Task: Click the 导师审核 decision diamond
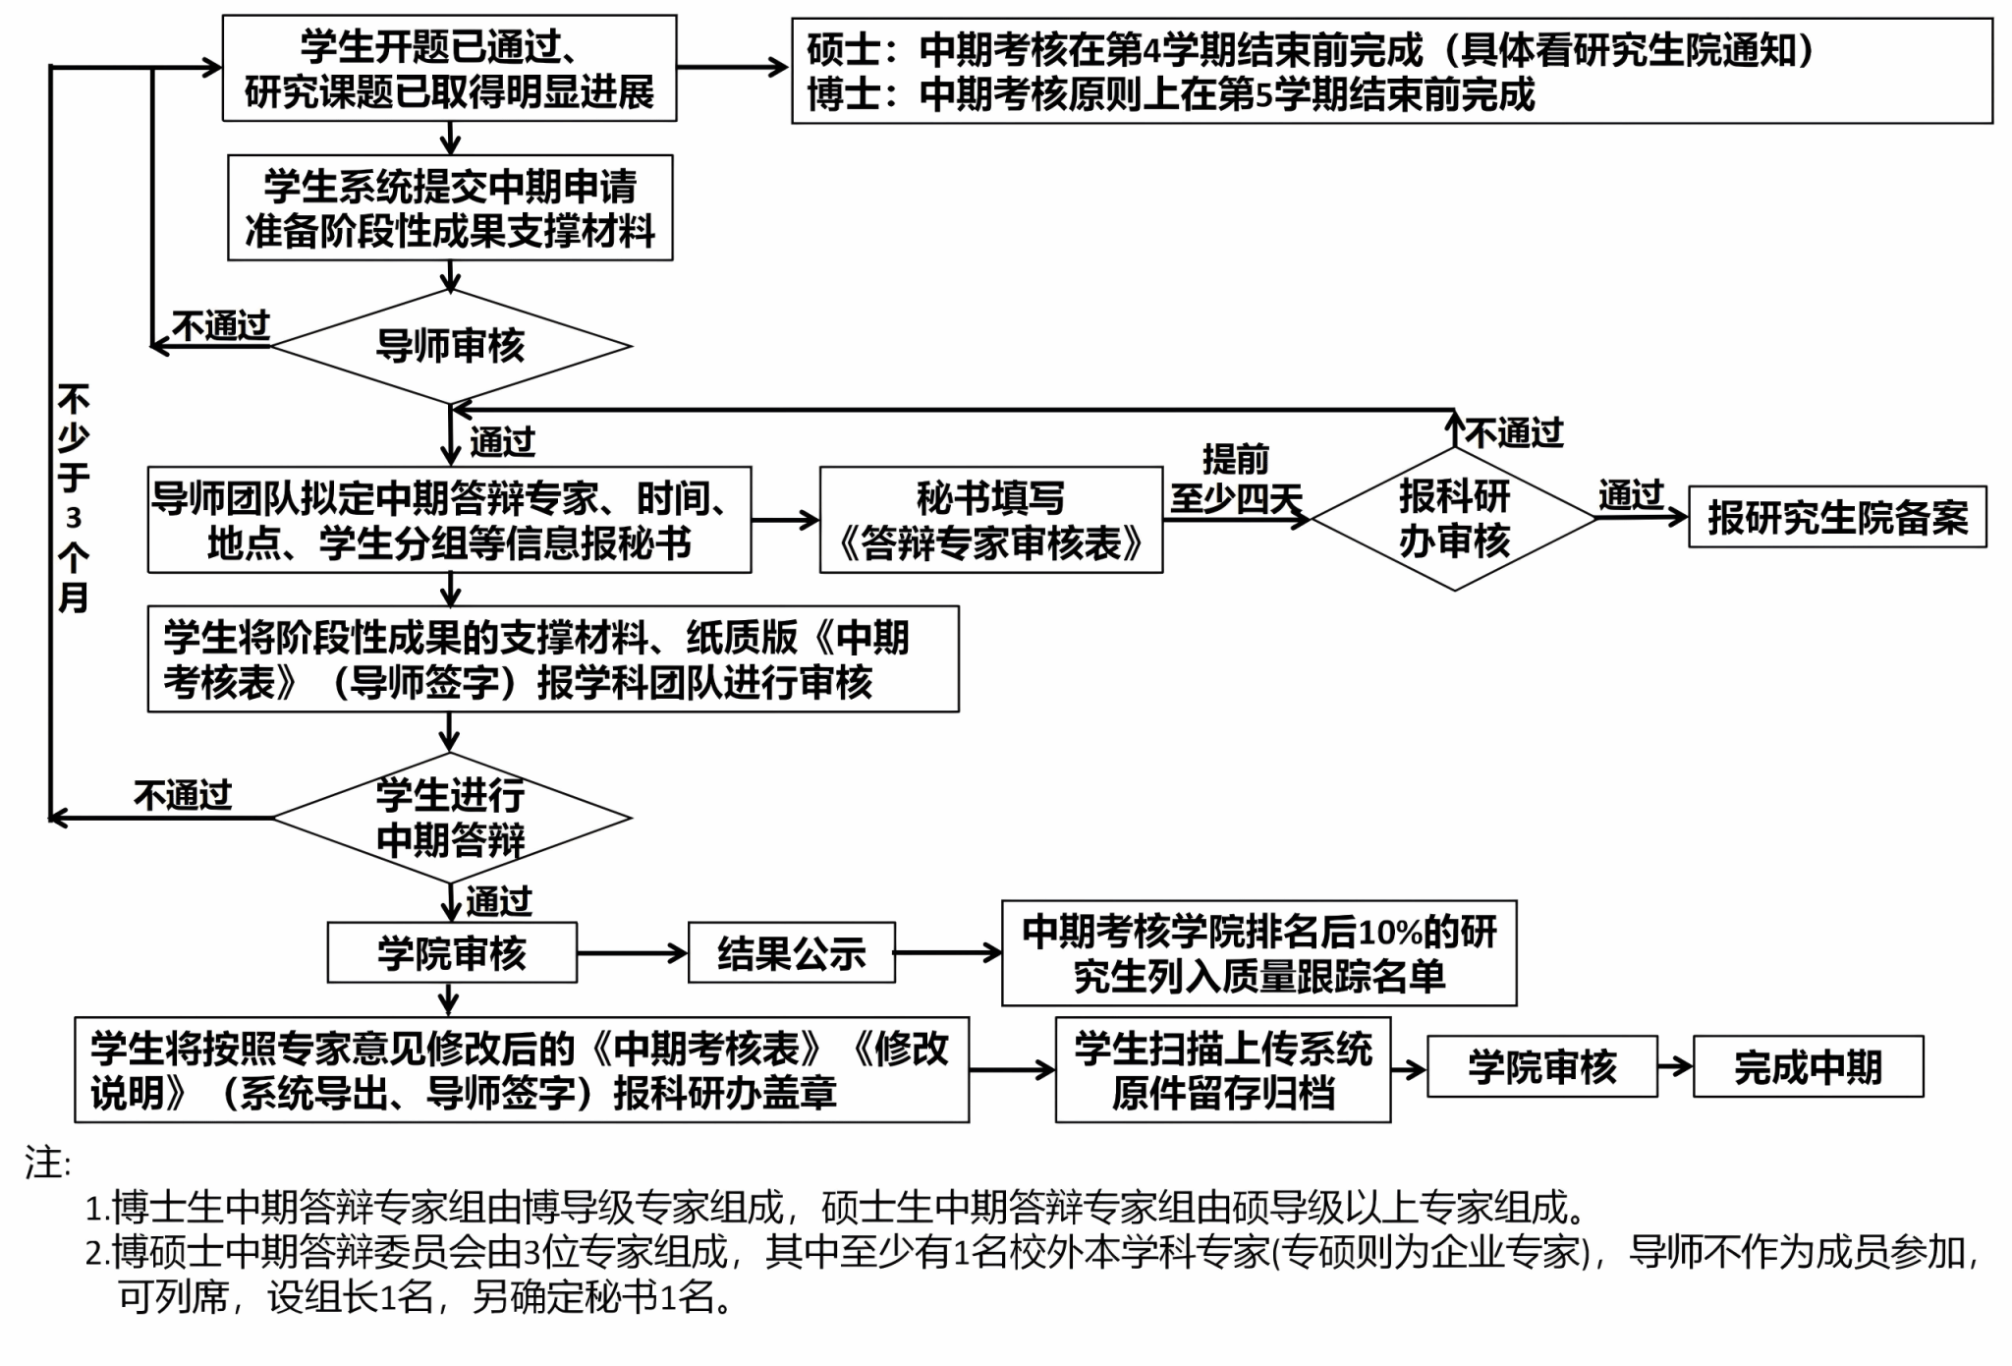pos(451,346)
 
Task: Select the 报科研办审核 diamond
pos(1454,519)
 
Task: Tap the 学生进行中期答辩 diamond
pos(451,818)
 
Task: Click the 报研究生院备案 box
pos(1837,517)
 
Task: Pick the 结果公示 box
pos(792,952)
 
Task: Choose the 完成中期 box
pos(1808,1066)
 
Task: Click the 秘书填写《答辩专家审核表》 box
pos(991,520)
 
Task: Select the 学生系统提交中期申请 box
pos(450,207)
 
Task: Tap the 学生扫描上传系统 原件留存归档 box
pos(1223,1070)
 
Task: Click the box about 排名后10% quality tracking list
pos(1258,953)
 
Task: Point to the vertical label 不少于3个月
pos(74,498)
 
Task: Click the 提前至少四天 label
pos(1236,480)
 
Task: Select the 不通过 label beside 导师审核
pos(221,325)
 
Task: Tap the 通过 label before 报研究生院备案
pos(1631,495)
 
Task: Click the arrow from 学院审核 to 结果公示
pos(632,952)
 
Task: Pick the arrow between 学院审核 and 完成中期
pos(1675,1066)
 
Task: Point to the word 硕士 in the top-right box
pos(844,50)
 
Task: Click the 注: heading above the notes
pos(47,1164)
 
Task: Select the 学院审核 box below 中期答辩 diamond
pos(452,952)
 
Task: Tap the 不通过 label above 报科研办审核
pos(1514,433)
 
